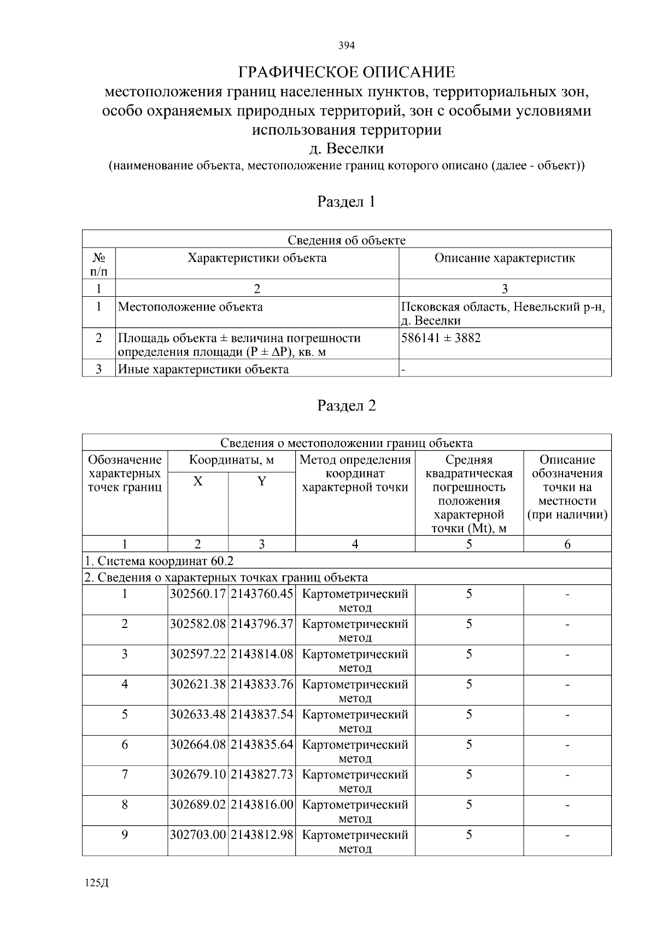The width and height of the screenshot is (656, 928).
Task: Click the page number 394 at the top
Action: pos(347,45)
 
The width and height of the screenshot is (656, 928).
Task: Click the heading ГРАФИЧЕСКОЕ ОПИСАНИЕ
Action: pos(347,72)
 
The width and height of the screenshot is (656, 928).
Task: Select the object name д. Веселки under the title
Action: pos(347,148)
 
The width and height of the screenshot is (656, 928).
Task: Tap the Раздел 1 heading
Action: pos(347,202)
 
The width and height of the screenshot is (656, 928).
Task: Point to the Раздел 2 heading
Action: pos(347,406)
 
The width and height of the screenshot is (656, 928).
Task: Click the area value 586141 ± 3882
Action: pos(441,338)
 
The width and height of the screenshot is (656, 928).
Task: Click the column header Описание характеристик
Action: pos(505,258)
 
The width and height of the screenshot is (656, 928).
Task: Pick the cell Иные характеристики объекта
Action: pos(203,369)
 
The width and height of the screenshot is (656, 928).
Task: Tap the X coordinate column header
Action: pos(198,481)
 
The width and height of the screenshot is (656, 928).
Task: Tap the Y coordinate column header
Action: pos(262,481)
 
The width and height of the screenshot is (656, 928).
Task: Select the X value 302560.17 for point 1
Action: pos(197,594)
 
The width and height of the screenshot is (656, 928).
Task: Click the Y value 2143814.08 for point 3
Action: pos(262,654)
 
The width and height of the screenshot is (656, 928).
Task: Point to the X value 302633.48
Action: pos(197,714)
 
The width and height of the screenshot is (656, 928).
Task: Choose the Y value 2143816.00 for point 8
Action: pos(262,804)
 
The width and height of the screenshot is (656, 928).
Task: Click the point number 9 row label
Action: pos(125,835)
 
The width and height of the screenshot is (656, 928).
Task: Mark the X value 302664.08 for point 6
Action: pos(197,744)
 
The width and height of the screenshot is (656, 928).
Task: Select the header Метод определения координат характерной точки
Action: pos(355,473)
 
